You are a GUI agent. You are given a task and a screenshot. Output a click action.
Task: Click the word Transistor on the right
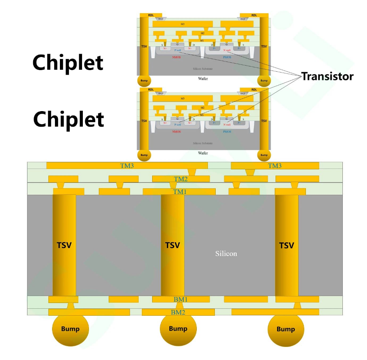pyautogui.click(x=327, y=76)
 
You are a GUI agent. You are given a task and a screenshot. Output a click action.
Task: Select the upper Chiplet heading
pyautogui.click(x=68, y=63)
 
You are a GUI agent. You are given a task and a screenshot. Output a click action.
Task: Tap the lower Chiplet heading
pyautogui.click(x=68, y=119)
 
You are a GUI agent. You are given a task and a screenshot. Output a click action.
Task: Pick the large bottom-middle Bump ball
pyautogui.click(x=178, y=328)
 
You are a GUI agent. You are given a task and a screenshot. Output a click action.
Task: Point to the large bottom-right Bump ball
pyautogui.click(x=286, y=329)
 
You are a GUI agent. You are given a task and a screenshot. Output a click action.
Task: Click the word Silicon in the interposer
pyautogui.click(x=226, y=253)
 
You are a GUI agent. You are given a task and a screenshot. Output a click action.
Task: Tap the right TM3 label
pyautogui.click(x=275, y=166)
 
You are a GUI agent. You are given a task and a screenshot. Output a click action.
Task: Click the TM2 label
pyautogui.click(x=181, y=179)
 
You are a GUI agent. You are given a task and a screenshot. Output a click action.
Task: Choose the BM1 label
pyautogui.click(x=180, y=299)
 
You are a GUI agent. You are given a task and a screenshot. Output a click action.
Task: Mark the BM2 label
pyautogui.click(x=178, y=312)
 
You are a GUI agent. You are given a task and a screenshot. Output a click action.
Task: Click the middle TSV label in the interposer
pyautogui.click(x=173, y=246)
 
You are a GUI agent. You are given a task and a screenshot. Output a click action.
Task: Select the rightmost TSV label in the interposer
pyautogui.click(x=287, y=246)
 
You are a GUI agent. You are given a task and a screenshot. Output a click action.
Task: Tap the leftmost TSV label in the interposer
pyautogui.click(x=64, y=246)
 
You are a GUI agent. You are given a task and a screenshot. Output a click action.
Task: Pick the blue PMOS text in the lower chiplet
pyautogui.click(x=227, y=132)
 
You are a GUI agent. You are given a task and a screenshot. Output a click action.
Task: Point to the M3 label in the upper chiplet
pyautogui.click(x=182, y=24)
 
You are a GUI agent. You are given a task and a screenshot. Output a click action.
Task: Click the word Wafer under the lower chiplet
pyautogui.click(x=203, y=153)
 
